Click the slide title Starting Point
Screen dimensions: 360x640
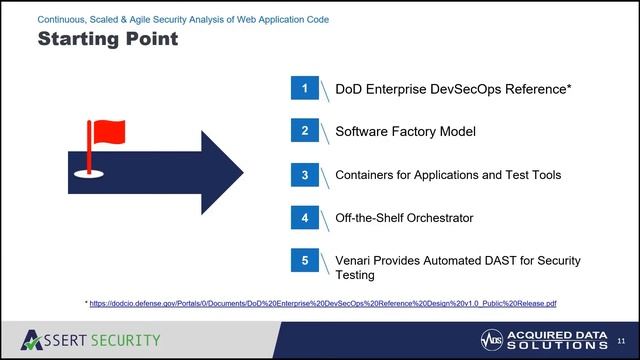coord(107,40)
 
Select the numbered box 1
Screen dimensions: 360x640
coord(305,88)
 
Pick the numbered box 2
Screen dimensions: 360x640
coord(305,131)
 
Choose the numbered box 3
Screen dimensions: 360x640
coord(305,174)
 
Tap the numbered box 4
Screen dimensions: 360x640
coord(305,217)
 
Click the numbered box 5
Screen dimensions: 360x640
coord(305,260)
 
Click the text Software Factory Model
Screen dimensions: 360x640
coord(405,132)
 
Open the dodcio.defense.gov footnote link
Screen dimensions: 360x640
coord(322,302)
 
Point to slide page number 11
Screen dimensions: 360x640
coord(620,340)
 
